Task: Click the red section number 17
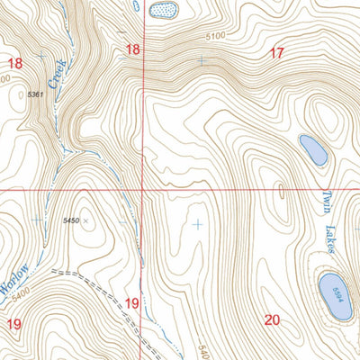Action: click(x=276, y=53)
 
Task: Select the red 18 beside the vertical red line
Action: click(x=133, y=49)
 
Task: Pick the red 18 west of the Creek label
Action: click(x=15, y=63)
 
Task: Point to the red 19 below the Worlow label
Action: click(x=15, y=323)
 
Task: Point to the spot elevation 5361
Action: click(x=36, y=94)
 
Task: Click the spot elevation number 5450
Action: click(x=71, y=220)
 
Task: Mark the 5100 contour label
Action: click(x=213, y=37)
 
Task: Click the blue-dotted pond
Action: click(x=164, y=9)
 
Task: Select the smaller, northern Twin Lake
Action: click(x=312, y=148)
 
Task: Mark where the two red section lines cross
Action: click(x=142, y=190)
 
